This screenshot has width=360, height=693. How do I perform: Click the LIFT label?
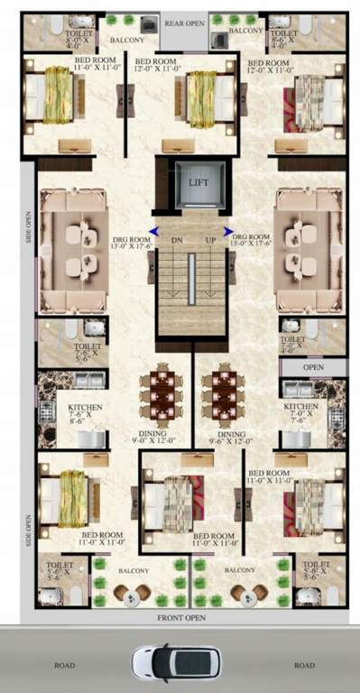198,181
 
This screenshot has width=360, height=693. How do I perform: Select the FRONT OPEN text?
180,617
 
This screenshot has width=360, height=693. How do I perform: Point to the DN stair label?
177,240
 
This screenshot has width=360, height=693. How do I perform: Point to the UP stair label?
211,240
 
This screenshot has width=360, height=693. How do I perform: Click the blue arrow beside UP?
228,231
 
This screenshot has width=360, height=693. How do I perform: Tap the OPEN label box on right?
313,367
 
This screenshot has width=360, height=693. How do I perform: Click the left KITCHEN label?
86,413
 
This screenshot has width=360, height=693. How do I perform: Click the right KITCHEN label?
301,412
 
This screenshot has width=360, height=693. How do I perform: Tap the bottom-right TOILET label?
317,568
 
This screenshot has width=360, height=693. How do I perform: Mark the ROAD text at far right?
303,665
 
